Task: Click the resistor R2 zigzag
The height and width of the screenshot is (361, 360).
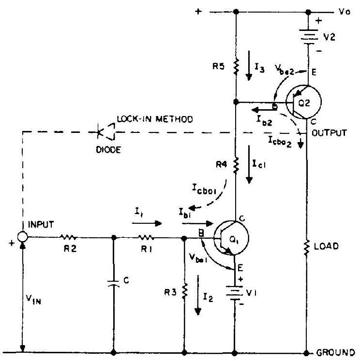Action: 69,237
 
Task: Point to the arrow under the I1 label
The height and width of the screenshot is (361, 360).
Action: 150,224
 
